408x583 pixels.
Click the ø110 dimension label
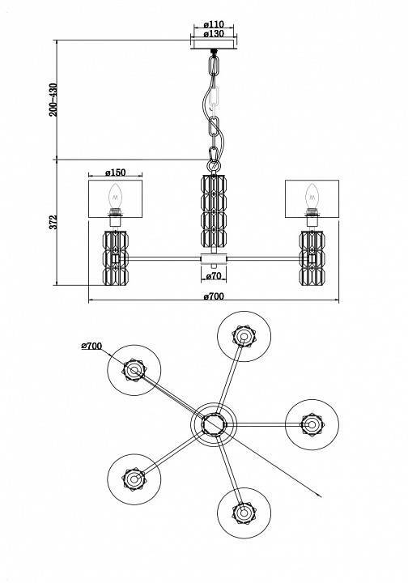(x=215, y=24)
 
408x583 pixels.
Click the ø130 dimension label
(x=215, y=34)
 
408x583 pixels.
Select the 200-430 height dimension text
(x=53, y=99)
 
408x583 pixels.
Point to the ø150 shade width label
(x=116, y=172)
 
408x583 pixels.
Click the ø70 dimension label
(x=214, y=276)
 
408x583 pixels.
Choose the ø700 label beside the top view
(x=91, y=347)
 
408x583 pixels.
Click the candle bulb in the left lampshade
(x=115, y=195)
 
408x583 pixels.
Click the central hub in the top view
(x=214, y=423)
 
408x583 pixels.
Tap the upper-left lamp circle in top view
(x=133, y=369)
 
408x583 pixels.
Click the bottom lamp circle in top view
(x=241, y=511)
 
